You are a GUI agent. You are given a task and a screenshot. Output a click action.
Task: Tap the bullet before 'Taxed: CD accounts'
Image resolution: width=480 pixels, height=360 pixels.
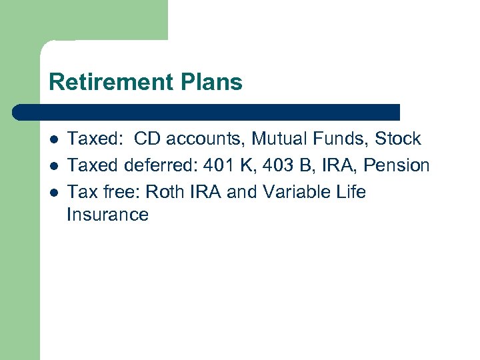click(53, 140)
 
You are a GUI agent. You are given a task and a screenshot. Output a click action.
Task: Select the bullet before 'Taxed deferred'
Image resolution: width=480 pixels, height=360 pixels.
click(53, 166)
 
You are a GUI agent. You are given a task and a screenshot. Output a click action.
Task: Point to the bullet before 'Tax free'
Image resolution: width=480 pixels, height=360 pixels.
click(53, 192)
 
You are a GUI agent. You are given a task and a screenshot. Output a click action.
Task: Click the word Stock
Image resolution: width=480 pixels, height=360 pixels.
click(398, 139)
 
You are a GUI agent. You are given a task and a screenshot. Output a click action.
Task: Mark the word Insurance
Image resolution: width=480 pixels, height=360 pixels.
click(107, 215)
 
